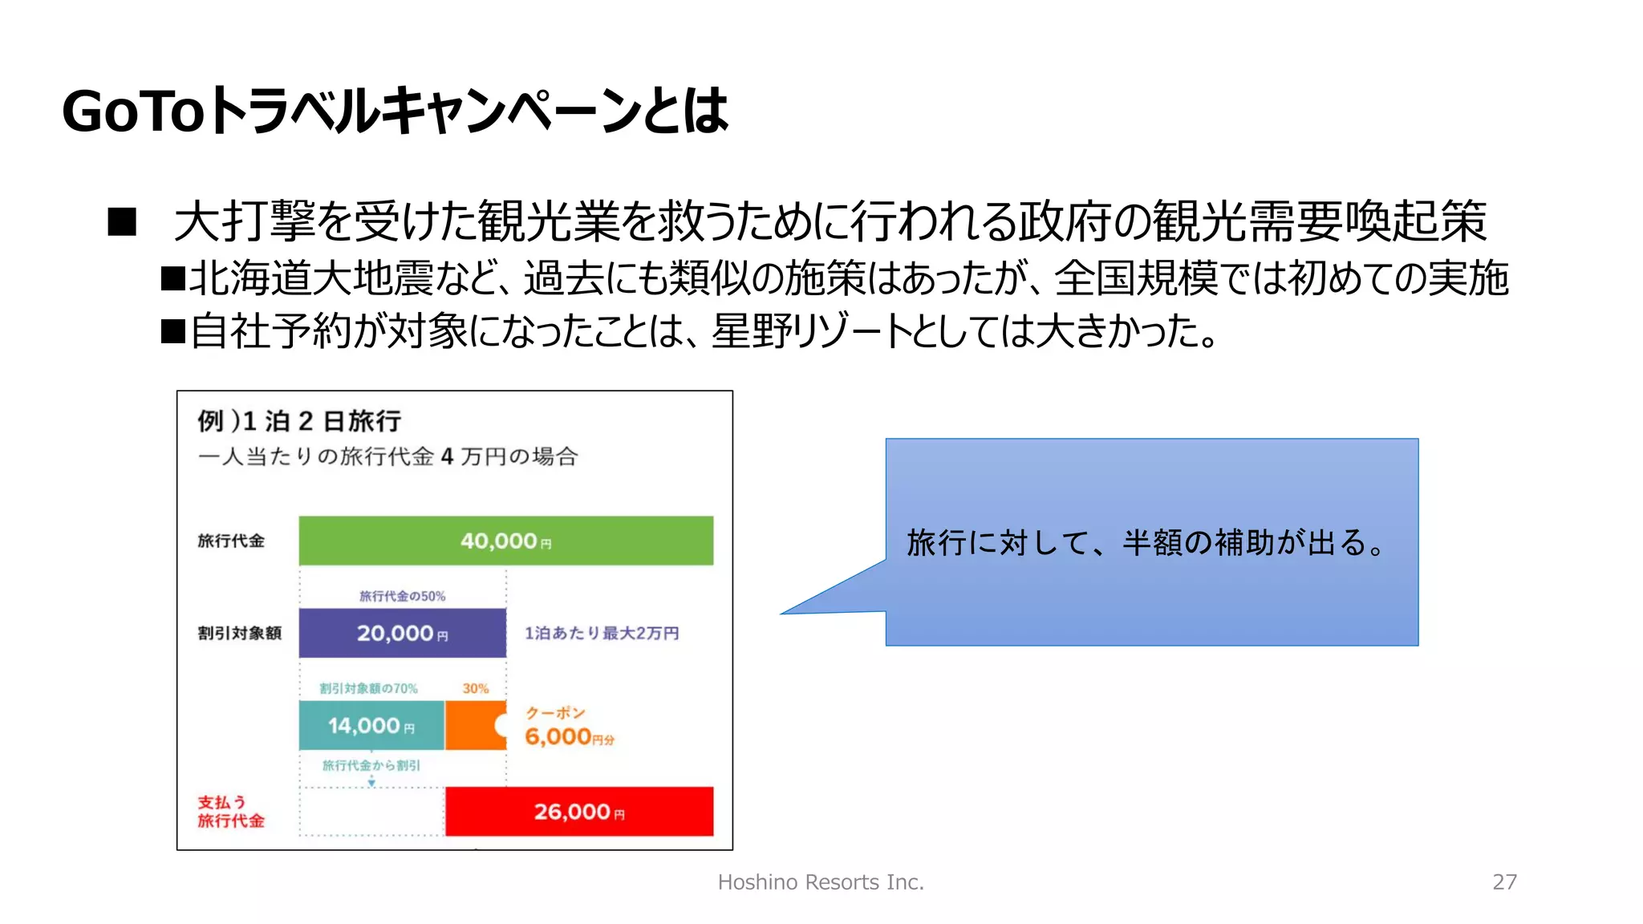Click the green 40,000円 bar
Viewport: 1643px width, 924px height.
pyautogui.click(x=505, y=541)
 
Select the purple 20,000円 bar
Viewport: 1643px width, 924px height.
pyautogui.click(x=402, y=633)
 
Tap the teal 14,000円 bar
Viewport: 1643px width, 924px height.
pyautogui.click(x=371, y=725)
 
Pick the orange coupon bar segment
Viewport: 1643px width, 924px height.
pyautogui.click(x=473, y=725)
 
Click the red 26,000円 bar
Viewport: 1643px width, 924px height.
pyautogui.click(x=578, y=811)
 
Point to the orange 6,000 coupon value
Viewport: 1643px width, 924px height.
pyautogui.click(x=559, y=736)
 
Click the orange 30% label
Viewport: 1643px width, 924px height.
pyautogui.click(x=475, y=688)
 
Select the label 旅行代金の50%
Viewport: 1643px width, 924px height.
pyautogui.click(x=402, y=596)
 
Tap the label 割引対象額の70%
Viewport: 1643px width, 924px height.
pyautogui.click(x=368, y=688)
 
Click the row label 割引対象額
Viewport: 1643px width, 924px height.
pyautogui.click(x=239, y=633)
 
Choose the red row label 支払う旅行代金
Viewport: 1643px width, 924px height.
pyautogui.click(x=230, y=811)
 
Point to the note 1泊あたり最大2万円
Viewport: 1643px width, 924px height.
pyautogui.click(x=602, y=633)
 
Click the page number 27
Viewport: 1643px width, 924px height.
pyautogui.click(x=1504, y=881)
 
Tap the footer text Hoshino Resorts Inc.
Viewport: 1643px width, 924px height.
pyautogui.click(x=821, y=881)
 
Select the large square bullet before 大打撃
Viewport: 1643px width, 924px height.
pyautogui.click(x=122, y=221)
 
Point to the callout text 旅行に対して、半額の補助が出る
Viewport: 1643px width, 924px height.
pyautogui.click(x=1144, y=543)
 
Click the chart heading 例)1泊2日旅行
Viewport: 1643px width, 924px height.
pyautogui.click(x=299, y=420)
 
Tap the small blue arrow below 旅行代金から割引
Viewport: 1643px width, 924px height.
pyautogui.click(x=371, y=780)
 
